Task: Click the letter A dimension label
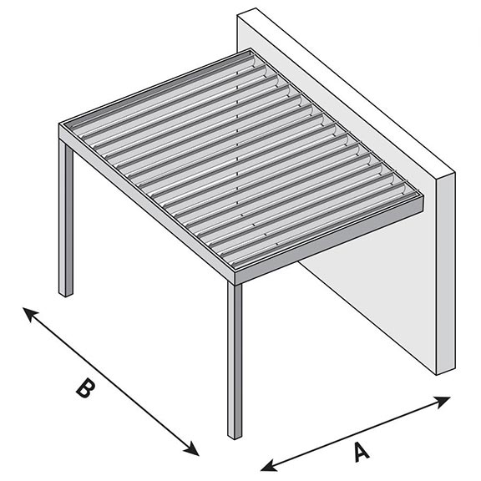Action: click(361, 451)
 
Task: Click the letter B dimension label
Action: click(84, 389)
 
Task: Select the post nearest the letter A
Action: click(235, 359)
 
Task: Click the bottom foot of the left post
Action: click(66, 292)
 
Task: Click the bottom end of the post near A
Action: click(235, 435)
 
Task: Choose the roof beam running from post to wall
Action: click(334, 242)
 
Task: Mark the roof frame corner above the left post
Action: click(63, 130)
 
